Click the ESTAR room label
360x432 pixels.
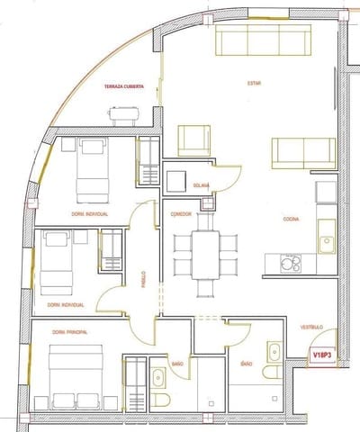pos(256,84)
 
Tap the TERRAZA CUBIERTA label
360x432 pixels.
pos(122,86)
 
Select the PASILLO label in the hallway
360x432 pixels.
pos(142,275)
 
